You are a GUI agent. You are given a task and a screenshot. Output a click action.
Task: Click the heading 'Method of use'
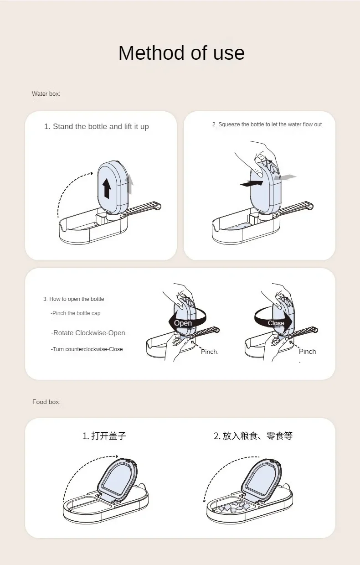(x=181, y=53)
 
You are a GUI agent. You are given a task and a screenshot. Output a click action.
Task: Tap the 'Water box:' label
(x=46, y=94)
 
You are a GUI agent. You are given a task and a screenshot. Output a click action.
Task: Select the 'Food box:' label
(x=46, y=402)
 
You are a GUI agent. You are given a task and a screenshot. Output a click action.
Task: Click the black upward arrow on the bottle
(x=107, y=188)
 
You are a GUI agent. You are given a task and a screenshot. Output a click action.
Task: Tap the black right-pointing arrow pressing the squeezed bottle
(x=252, y=184)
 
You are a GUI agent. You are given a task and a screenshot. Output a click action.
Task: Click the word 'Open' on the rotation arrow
(x=183, y=323)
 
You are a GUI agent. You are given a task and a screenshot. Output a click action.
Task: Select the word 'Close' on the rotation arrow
(x=276, y=323)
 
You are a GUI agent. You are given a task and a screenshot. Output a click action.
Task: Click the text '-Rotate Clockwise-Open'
(x=88, y=333)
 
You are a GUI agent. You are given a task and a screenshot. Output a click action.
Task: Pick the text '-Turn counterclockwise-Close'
(x=87, y=349)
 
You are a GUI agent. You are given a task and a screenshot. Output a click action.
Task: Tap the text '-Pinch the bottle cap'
(x=75, y=313)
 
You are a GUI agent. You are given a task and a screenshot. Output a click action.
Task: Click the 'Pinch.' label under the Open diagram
(x=210, y=352)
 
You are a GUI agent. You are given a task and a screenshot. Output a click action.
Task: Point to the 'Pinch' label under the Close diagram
(x=307, y=352)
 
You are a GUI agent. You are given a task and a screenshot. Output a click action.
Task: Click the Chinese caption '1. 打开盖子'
(x=104, y=436)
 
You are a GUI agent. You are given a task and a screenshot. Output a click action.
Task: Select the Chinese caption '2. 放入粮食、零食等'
(x=253, y=436)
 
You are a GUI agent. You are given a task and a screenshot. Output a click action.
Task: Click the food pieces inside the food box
(x=232, y=507)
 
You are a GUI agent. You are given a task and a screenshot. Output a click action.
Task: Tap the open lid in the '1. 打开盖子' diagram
(x=118, y=478)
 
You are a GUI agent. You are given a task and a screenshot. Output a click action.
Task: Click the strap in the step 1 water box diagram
(x=142, y=208)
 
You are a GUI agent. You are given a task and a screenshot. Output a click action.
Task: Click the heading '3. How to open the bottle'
(x=74, y=299)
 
